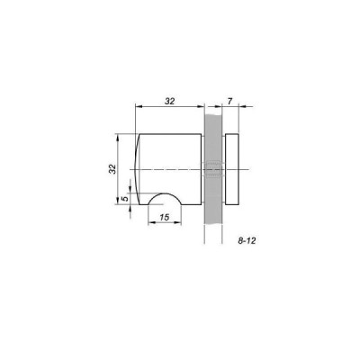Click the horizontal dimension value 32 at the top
[169, 101]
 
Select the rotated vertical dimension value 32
[112, 169]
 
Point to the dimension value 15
[165, 218]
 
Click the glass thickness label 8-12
[247, 242]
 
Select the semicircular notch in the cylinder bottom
[167, 201]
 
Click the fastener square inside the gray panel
[213, 169]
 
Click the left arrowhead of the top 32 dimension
[137, 107]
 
